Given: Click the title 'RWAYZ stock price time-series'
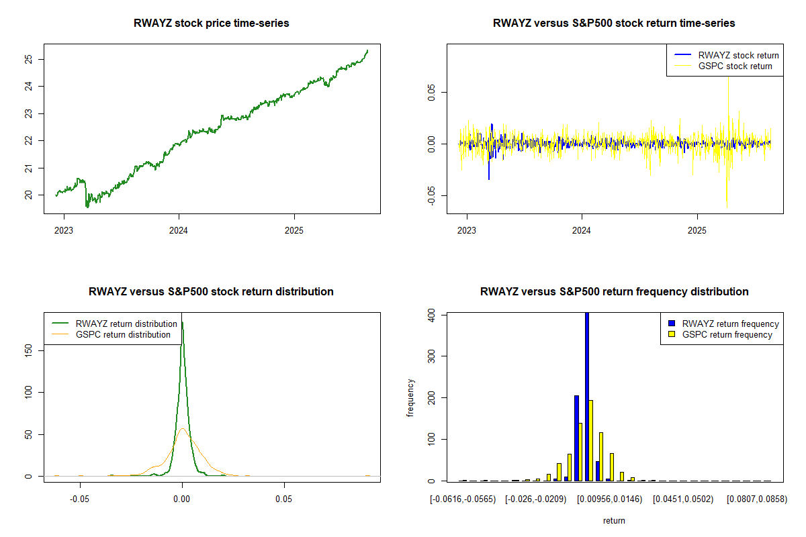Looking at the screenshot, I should tap(212, 23).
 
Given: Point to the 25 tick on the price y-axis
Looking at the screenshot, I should tap(28, 59).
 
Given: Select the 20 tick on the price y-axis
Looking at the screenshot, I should tap(28, 195).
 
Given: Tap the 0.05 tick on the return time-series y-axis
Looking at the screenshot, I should tap(431, 91).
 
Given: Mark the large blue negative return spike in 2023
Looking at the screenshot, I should tap(489, 171).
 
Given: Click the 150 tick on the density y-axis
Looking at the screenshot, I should tap(28, 350).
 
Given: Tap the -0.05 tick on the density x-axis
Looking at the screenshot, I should tap(80, 499).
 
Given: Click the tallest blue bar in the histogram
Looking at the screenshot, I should tap(587, 396).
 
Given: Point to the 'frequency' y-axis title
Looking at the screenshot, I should tap(411, 397).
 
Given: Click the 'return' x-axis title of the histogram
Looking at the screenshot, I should tap(614, 520).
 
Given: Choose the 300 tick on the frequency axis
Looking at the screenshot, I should tap(431, 355).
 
